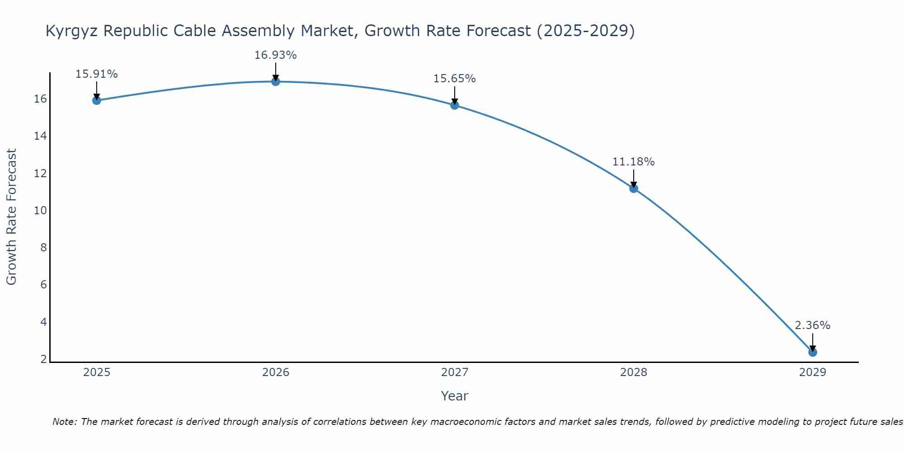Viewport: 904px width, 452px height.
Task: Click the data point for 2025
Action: point(96,100)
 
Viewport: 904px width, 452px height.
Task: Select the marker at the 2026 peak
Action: point(276,81)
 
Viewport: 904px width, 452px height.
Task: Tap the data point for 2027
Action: point(455,105)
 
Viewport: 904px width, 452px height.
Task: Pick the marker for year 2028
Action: point(634,188)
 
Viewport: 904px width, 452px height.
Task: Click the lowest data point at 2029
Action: point(813,352)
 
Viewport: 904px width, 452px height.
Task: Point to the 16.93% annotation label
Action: point(275,55)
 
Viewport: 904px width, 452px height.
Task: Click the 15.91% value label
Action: point(96,74)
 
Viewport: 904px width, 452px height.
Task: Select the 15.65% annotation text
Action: point(454,79)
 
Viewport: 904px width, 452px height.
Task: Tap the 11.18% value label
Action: point(633,162)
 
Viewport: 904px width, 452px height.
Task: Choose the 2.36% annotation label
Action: point(812,325)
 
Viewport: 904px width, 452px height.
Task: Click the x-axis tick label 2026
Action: point(276,372)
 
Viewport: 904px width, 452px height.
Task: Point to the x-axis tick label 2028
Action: point(634,372)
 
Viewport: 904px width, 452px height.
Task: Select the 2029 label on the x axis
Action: point(813,372)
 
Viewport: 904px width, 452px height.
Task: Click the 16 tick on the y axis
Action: point(40,99)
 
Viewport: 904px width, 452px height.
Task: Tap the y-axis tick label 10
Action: point(40,211)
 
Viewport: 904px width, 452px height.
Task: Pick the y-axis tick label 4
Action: point(43,322)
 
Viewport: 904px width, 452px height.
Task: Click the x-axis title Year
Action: point(454,396)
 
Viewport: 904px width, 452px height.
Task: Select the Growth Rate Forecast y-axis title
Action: point(11,217)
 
